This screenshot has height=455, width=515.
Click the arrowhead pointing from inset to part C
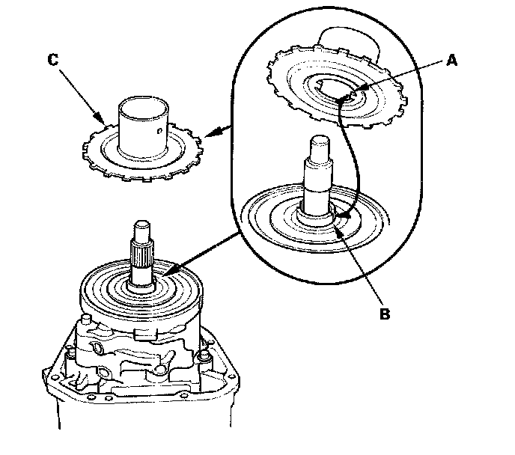[x=207, y=135]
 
